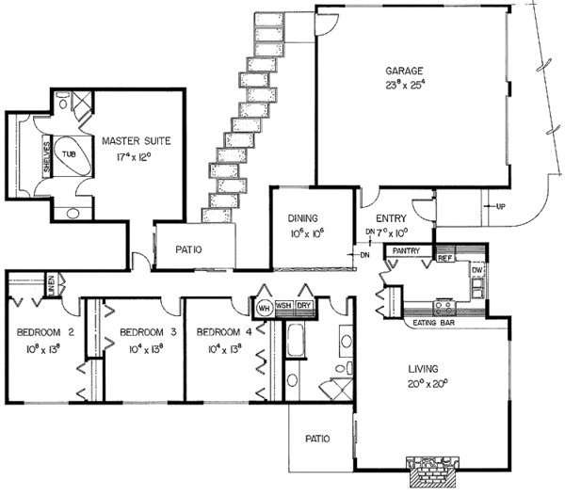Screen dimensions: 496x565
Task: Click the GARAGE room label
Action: [403, 70]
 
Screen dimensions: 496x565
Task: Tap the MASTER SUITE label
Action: [137, 141]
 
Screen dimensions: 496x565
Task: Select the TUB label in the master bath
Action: [69, 154]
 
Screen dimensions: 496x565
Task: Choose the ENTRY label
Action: [390, 217]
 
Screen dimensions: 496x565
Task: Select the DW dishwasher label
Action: [476, 269]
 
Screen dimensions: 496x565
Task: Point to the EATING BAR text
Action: [434, 324]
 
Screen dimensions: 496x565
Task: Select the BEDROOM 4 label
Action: [222, 332]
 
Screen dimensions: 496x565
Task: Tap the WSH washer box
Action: [283, 306]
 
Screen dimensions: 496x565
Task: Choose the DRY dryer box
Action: [304, 306]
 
